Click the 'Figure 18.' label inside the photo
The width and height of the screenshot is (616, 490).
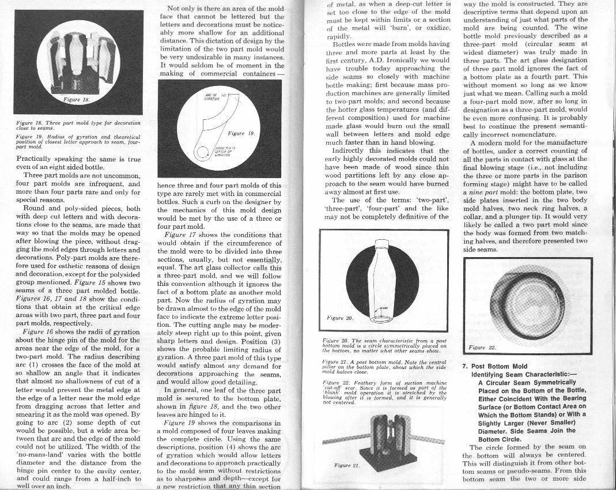click(78, 99)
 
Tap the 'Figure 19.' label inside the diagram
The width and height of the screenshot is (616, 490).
click(240, 133)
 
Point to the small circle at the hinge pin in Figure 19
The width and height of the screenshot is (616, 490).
click(204, 153)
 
